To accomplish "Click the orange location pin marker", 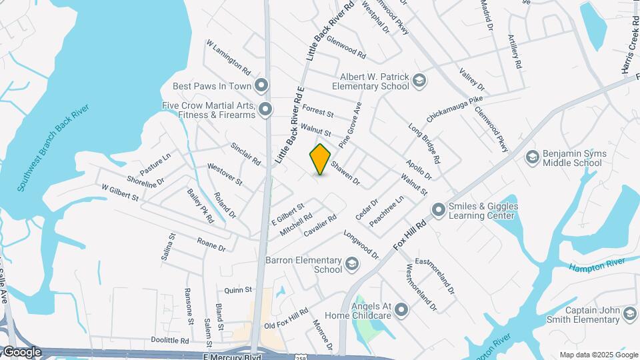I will point(321,159).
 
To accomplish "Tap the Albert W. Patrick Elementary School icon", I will point(419,81).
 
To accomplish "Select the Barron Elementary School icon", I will point(351,265).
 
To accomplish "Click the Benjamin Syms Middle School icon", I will point(532,157).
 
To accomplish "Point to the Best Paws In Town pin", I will point(262,85).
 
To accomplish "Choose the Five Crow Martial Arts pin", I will point(266,109).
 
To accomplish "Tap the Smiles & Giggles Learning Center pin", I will point(439,211).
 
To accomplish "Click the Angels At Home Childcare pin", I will point(401,309).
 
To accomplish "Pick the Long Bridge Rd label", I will point(424,145).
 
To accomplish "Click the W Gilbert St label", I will point(119,193).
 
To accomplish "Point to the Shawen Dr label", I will point(345,173).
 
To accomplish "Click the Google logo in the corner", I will point(22,352).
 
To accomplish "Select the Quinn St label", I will point(238,290).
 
